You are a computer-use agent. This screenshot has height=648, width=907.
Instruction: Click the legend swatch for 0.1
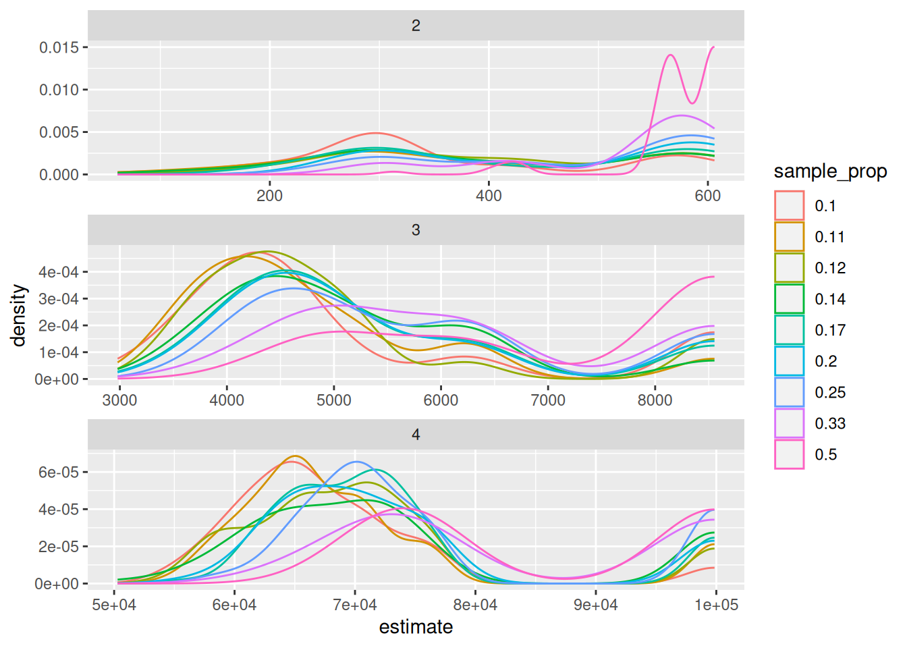789,206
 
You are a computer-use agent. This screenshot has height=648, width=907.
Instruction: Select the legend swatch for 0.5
789,454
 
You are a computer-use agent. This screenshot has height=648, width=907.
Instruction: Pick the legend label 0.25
830,392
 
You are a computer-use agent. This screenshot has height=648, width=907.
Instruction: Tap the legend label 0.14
830,299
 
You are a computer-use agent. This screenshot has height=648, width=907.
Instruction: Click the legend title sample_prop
830,171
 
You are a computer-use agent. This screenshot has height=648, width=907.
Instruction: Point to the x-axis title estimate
416,627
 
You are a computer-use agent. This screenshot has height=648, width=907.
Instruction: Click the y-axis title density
19,315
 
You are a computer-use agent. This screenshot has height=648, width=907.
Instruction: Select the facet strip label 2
416,26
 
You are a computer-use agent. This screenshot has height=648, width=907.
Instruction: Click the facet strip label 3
416,230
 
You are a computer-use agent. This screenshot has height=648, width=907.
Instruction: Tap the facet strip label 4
416,435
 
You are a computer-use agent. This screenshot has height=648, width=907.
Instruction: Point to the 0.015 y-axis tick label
59,47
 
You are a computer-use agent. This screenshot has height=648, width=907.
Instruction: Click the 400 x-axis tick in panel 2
489,196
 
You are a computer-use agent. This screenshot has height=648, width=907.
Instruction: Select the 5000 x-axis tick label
333,400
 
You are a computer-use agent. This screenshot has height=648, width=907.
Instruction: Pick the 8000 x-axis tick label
655,400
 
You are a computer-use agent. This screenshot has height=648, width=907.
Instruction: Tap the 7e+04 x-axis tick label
355,605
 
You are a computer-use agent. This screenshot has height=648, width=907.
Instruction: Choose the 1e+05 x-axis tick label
717,605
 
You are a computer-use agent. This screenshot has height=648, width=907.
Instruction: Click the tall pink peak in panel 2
670,55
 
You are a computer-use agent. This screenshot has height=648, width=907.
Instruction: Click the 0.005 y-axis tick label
59,132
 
